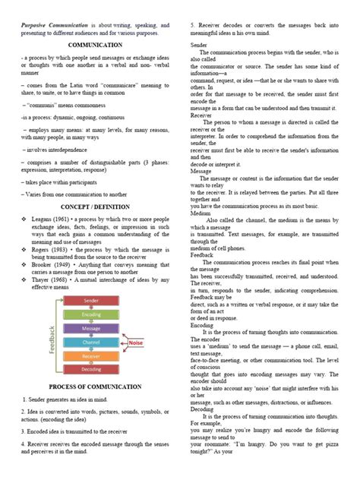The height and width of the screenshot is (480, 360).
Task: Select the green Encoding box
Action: pyautogui.click(x=91, y=314)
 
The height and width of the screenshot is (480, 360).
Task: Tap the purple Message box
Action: pyautogui.click(x=91, y=328)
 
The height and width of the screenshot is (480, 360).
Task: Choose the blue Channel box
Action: pyautogui.click(x=91, y=342)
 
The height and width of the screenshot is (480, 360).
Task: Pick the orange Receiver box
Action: pyautogui.click(x=91, y=355)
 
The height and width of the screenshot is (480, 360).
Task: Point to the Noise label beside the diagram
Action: pyautogui.click(x=137, y=343)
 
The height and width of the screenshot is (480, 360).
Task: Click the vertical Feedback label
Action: pyautogui.click(x=52, y=335)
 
